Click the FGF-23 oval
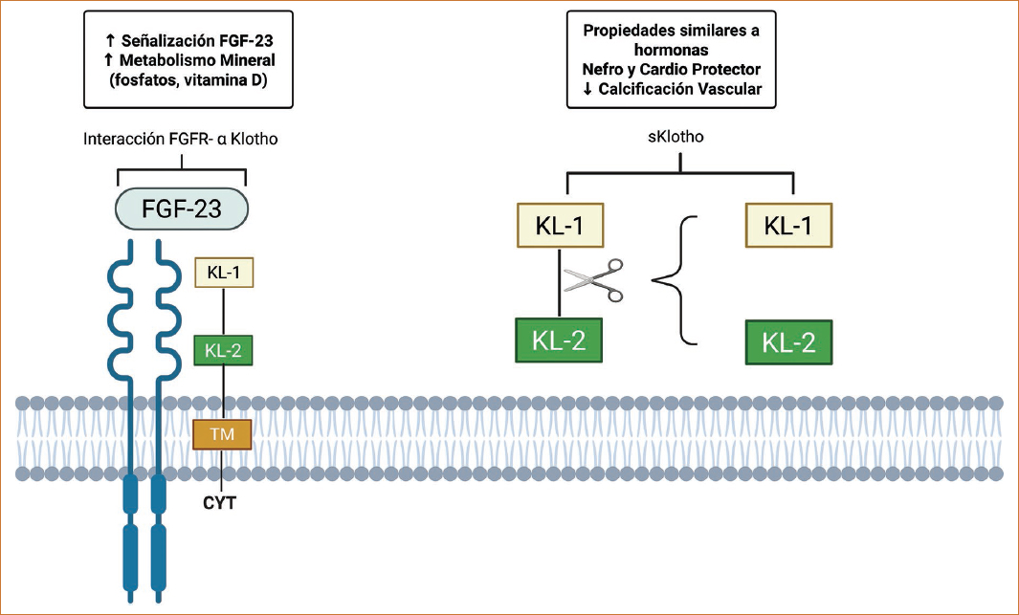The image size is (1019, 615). pyautogui.click(x=181, y=209)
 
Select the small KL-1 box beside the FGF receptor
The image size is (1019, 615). pyautogui.click(x=223, y=273)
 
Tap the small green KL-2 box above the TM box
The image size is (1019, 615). pyautogui.click(x=223, y=351)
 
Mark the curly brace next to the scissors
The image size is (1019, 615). pyautogui.click(x=676, y=280)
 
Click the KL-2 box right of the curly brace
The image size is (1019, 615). pyautogui.click(x=788, y=342)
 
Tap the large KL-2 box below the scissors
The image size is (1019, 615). pyautogui.click(x=560, y=340)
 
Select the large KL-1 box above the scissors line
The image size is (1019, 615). pyautogui.click(x=560, y=226)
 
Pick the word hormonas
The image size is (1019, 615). pyautogui.click(x=671, y=50)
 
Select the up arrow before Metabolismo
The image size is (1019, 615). pyautogui.click(x=107, y=60)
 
